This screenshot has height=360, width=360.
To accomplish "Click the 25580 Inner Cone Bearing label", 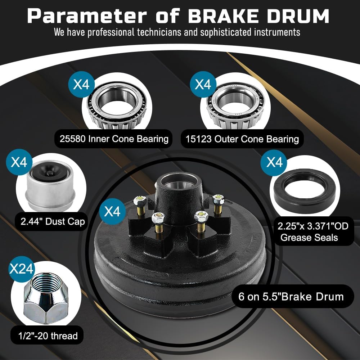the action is click(114, 139).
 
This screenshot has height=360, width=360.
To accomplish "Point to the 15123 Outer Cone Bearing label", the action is click(242, 139).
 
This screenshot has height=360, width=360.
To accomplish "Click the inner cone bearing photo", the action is click(117, 105).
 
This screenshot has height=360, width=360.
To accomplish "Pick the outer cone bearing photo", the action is click(235, 105).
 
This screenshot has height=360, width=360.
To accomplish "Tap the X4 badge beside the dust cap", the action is click(19, 162).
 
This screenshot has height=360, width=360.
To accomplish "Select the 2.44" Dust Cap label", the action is click(53, 221).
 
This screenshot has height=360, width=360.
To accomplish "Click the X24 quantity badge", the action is click(22, 269).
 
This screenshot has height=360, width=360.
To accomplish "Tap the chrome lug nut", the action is click(46, 298).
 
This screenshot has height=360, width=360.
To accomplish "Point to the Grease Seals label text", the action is click(309, 237).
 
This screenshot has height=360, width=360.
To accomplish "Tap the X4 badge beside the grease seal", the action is click(274, 163).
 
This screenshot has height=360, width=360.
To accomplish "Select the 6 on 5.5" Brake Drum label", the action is click(291, 297).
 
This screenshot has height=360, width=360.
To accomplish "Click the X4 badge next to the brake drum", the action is click(112, 211).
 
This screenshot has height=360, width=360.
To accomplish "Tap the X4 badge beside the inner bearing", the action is click(81, 84).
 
